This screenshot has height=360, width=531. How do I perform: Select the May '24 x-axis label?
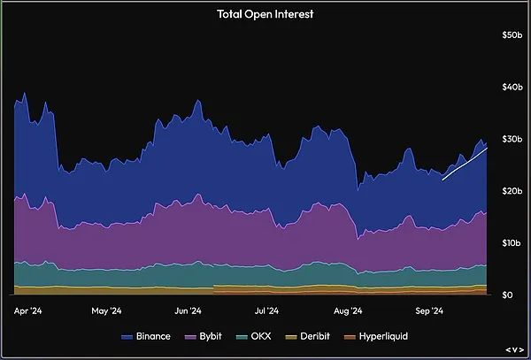tap(106, 311)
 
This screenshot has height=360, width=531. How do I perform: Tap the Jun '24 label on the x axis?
tap(188, 311)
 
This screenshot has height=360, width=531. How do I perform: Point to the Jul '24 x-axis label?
tap(266, 311)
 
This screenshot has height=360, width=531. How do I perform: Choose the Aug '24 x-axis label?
tap(349, 311)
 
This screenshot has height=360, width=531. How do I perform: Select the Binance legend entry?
tap(146, 337)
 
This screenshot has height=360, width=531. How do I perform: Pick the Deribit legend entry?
tap(312, 337)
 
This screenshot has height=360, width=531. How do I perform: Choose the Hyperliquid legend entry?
tap(378, 337)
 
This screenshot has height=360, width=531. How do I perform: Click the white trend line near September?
tap(465, 165)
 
